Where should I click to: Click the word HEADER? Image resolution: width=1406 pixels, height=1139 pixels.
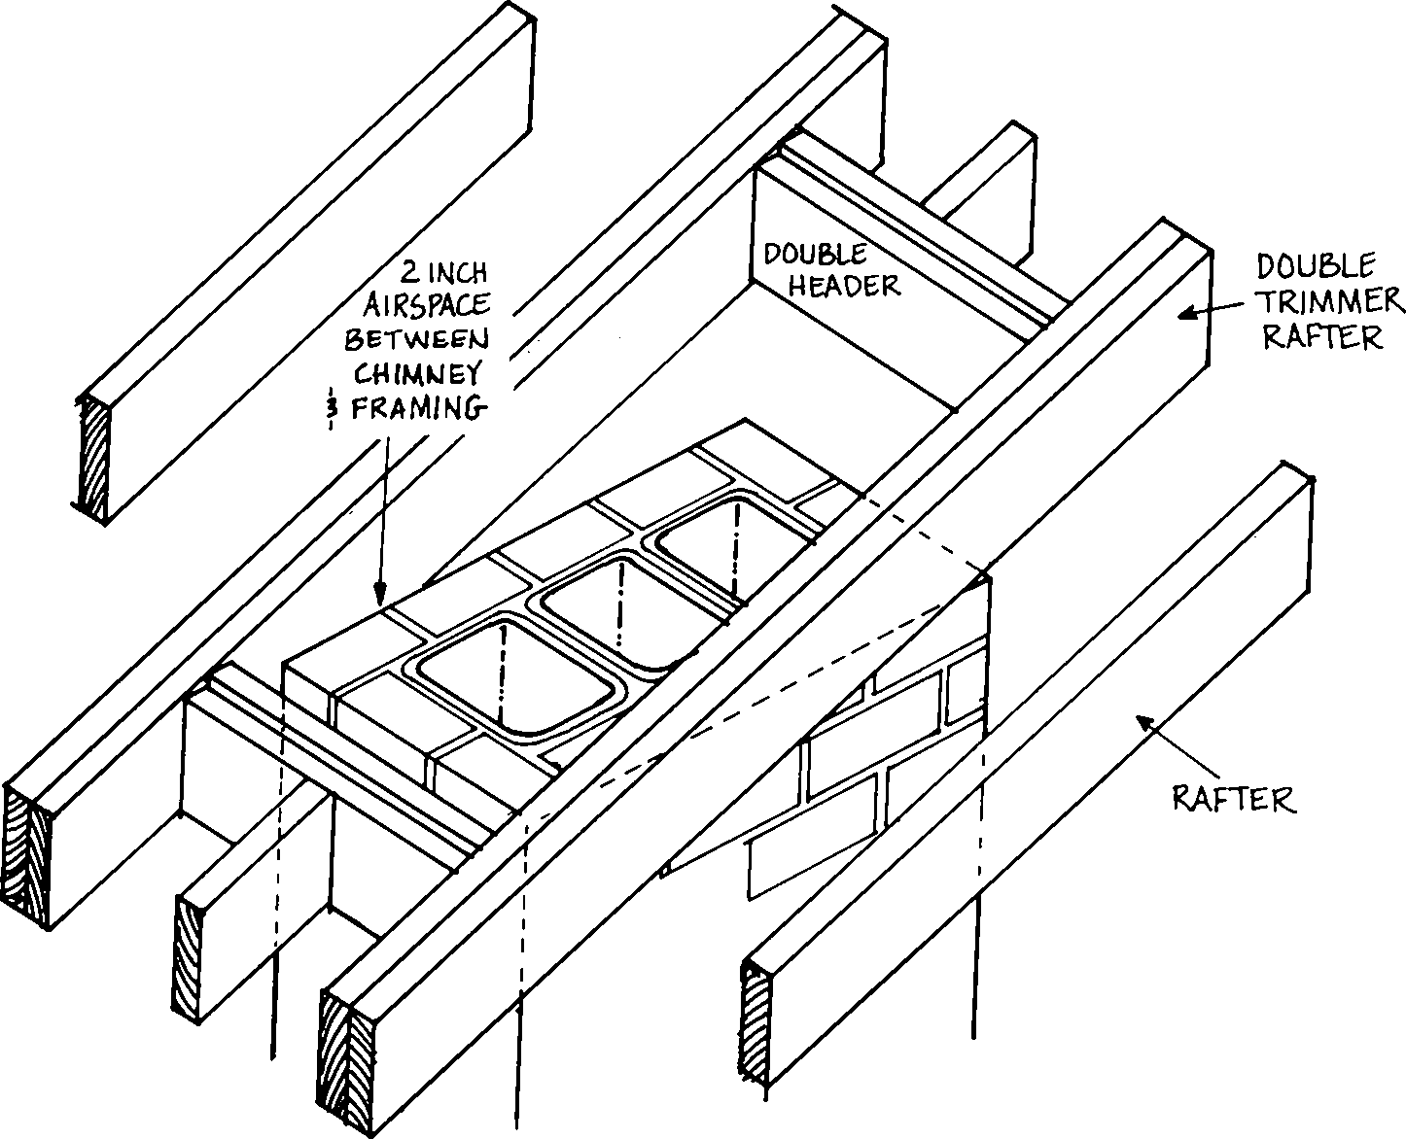click(844, 285)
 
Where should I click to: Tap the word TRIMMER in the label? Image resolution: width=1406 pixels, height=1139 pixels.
click(1330, 301)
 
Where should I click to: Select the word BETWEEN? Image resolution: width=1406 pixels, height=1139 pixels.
click(418, 338)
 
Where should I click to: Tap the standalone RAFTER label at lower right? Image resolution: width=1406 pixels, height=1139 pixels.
click(1234, 799)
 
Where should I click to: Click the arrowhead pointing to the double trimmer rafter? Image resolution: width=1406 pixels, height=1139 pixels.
click(1184, 312)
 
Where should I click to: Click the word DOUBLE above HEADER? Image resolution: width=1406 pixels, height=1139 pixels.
click(814, 256)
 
